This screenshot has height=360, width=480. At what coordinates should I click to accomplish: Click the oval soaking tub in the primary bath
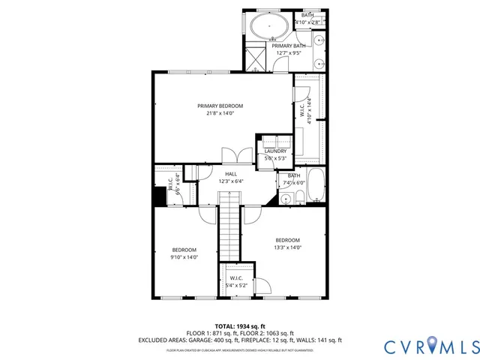click(x=267, y=27)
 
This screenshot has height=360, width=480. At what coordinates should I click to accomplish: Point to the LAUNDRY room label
click(x=275, y=151)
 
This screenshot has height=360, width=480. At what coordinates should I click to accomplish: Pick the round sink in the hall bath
click(x=285, y=199)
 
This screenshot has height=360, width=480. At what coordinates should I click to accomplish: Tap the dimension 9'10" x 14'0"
click(x=184, y=257)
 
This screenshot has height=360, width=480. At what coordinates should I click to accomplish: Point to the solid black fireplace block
click(x=159, y=196)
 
